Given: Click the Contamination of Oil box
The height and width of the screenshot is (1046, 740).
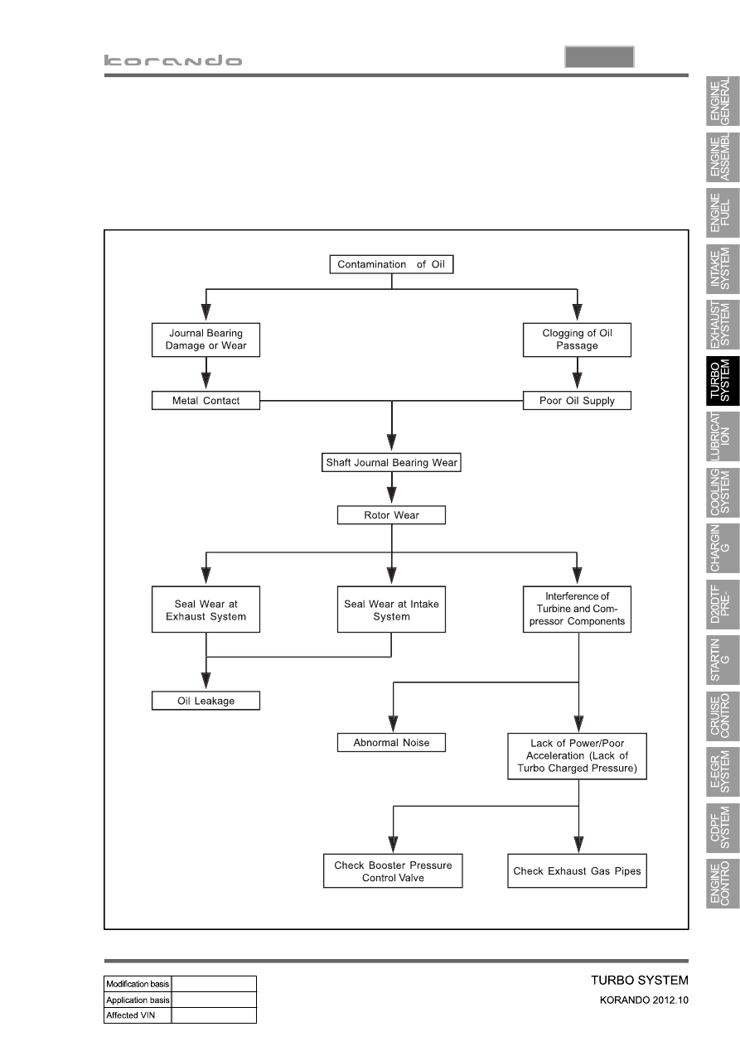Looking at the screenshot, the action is (391, 264).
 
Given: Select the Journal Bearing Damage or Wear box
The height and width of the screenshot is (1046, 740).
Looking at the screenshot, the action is (206, 340).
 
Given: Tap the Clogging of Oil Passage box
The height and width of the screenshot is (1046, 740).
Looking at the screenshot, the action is (577, 340).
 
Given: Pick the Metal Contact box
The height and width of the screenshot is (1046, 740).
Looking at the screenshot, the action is (206, 400).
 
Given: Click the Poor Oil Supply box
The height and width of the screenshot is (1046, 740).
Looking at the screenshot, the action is (577, 400).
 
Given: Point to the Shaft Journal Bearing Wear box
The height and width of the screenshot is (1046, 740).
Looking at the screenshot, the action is (391, 462).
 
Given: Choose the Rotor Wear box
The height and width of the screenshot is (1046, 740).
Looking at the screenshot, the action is (391, 514).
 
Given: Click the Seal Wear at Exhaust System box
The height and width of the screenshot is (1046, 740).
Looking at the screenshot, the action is (206, 610).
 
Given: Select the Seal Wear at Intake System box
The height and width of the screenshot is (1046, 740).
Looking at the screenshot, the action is (391, 610).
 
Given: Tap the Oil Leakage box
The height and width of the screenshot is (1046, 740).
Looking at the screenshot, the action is (206, 701).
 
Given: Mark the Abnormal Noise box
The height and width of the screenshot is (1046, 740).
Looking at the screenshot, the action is (391, 743).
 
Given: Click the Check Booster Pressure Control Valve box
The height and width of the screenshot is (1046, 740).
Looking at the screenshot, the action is (393, 871).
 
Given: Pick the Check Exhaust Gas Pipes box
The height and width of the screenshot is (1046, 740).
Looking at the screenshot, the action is (577, 871).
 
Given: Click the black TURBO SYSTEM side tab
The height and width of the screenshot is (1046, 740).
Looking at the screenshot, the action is (723, 381).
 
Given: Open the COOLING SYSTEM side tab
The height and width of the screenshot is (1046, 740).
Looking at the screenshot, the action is (723, 493).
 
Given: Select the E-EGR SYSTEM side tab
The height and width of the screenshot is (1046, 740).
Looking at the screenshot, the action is (723, 772).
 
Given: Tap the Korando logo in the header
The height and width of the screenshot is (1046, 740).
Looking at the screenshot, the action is (173, 60).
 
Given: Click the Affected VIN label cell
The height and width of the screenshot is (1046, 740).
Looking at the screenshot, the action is (138, 1015).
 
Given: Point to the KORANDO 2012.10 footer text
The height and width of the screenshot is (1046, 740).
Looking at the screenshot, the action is (644, 1000).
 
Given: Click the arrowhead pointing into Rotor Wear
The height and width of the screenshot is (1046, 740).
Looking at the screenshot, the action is (391, 495).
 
